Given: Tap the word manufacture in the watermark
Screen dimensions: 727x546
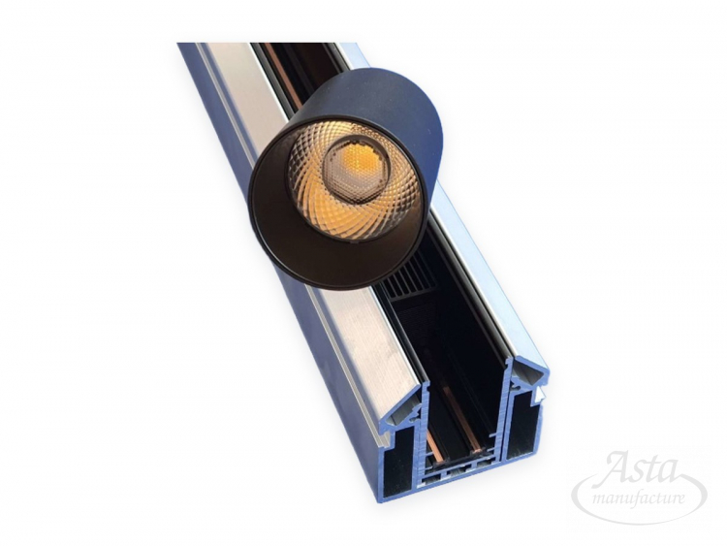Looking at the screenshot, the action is (x=639, y=499).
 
